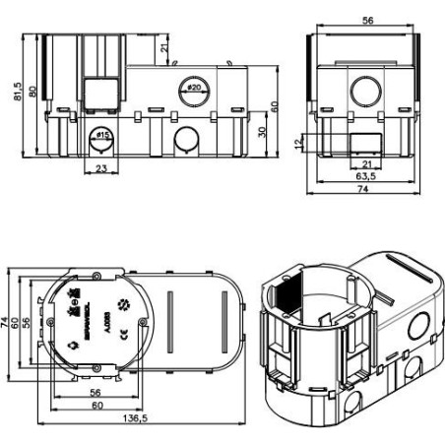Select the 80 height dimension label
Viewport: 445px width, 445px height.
pos(34,92)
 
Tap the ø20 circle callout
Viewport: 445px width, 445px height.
pos(193,89)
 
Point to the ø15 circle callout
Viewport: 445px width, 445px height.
pos(101,135)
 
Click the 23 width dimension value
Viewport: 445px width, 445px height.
pos(101,168)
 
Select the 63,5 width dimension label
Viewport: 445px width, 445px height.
pos(365,177)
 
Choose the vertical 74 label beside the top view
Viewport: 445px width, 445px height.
pos(7,322)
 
